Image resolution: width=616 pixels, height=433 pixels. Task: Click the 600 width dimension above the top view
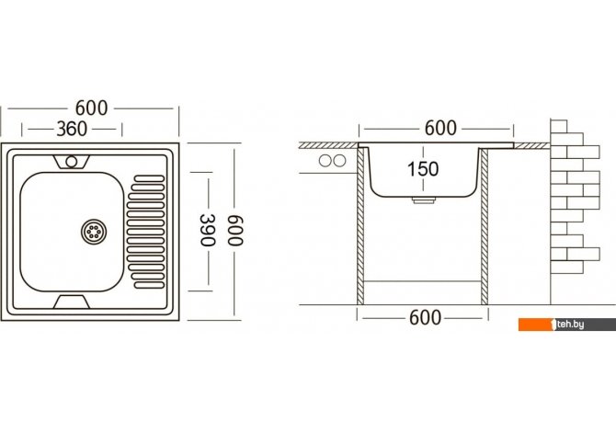(91, 108)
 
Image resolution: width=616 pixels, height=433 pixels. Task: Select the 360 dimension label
(72, 129)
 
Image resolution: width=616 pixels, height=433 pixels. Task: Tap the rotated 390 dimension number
(208, 230)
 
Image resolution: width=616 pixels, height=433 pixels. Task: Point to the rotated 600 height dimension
(235, 230)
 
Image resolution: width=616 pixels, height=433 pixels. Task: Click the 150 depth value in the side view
(423, 169)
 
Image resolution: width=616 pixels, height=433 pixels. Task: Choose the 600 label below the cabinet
(425, 317)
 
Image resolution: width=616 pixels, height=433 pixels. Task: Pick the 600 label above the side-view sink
(440, 128)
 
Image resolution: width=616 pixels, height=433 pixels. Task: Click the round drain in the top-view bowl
(94, 231)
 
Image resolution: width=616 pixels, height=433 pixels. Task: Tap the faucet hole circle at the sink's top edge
(72, 161)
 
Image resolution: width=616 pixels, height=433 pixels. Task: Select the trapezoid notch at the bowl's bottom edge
(72, 302)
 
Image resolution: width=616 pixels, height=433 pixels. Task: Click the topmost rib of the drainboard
(149, 178)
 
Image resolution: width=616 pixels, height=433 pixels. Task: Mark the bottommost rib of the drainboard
(149, 285)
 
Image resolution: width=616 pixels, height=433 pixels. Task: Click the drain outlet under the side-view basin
(424, 200)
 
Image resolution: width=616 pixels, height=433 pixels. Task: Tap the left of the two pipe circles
(325, 161)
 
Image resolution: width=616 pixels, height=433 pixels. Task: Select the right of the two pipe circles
(339, 161)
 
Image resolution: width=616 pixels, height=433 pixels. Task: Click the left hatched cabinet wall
(360, 227)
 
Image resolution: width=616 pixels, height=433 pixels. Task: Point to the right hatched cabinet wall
(485, 227)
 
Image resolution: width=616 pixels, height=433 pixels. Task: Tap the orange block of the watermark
(536, 325)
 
